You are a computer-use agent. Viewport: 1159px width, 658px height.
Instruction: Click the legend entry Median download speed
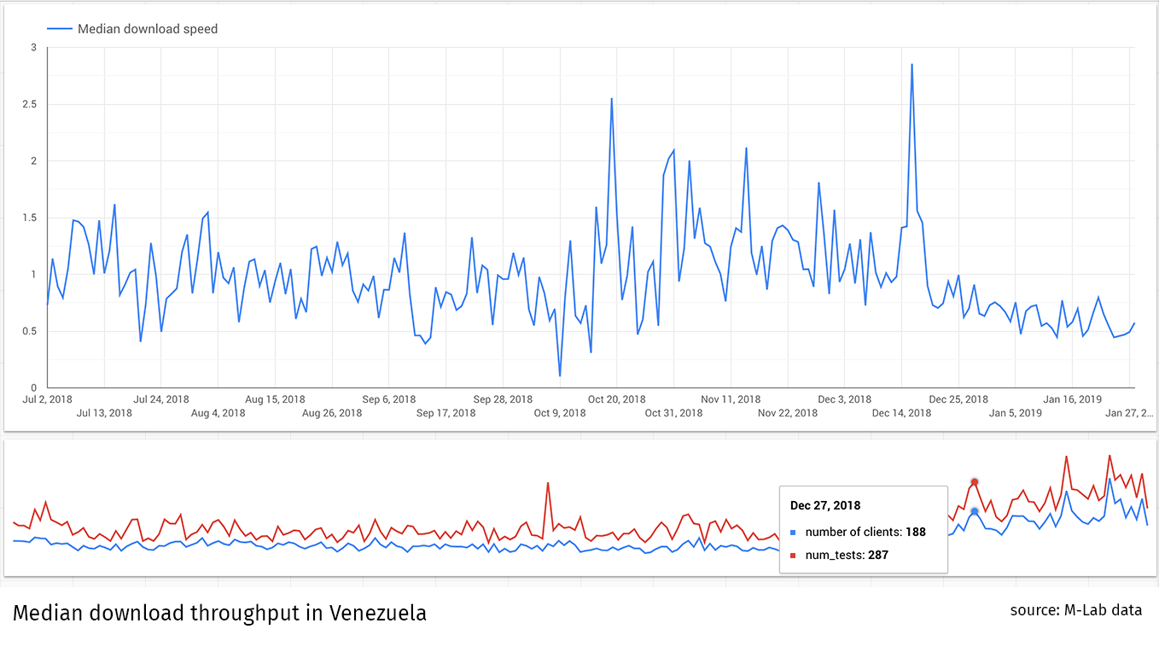point(147,29)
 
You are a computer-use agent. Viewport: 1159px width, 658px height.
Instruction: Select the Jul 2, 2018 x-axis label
point(47,399)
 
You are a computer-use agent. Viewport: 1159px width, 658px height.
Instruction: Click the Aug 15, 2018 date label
point(275,399)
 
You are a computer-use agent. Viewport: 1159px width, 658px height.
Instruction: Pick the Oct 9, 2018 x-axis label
point(560,413)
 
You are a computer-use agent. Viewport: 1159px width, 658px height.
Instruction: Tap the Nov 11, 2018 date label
point(731,399)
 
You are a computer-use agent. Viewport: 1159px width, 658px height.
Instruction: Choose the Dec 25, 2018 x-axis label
point(958,399)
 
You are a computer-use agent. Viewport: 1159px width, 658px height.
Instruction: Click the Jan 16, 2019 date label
point(1072,399)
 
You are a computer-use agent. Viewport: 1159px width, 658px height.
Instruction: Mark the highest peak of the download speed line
point(911,65)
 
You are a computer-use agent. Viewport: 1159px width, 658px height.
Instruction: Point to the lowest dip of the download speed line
point(560,376)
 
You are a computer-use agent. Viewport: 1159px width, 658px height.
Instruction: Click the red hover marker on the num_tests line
point(974,482)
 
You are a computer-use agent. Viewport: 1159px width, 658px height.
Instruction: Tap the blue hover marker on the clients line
point(974,511)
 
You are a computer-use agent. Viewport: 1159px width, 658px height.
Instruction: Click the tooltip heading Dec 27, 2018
point(825,506)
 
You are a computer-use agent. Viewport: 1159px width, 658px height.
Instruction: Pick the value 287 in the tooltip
point(878,555)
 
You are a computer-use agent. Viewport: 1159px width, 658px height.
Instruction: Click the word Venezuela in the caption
point(378,613)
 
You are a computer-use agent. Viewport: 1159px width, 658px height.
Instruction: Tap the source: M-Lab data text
point(1075,610)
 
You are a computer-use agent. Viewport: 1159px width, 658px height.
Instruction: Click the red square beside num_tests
point(794,556)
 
